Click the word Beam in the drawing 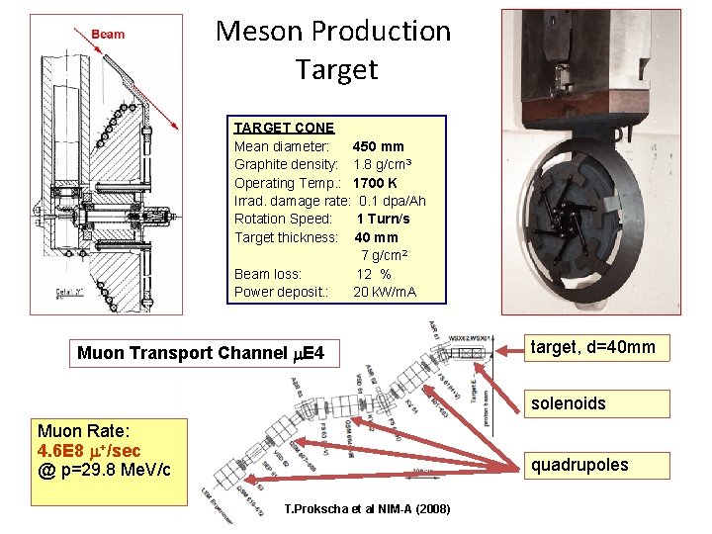(108, 34)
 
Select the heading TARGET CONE (284, 128)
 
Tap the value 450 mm (378, 146)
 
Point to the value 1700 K (376, 183)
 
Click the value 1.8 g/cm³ (382, 164)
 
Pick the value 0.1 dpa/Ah (392, 201)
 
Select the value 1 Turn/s (383, 219)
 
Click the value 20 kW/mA (385, 292)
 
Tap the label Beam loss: (268, 274)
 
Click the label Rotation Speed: (283, 219)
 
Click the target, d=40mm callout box (593, 347)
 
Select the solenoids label (568, 403)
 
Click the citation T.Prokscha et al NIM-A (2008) (367, 509)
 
